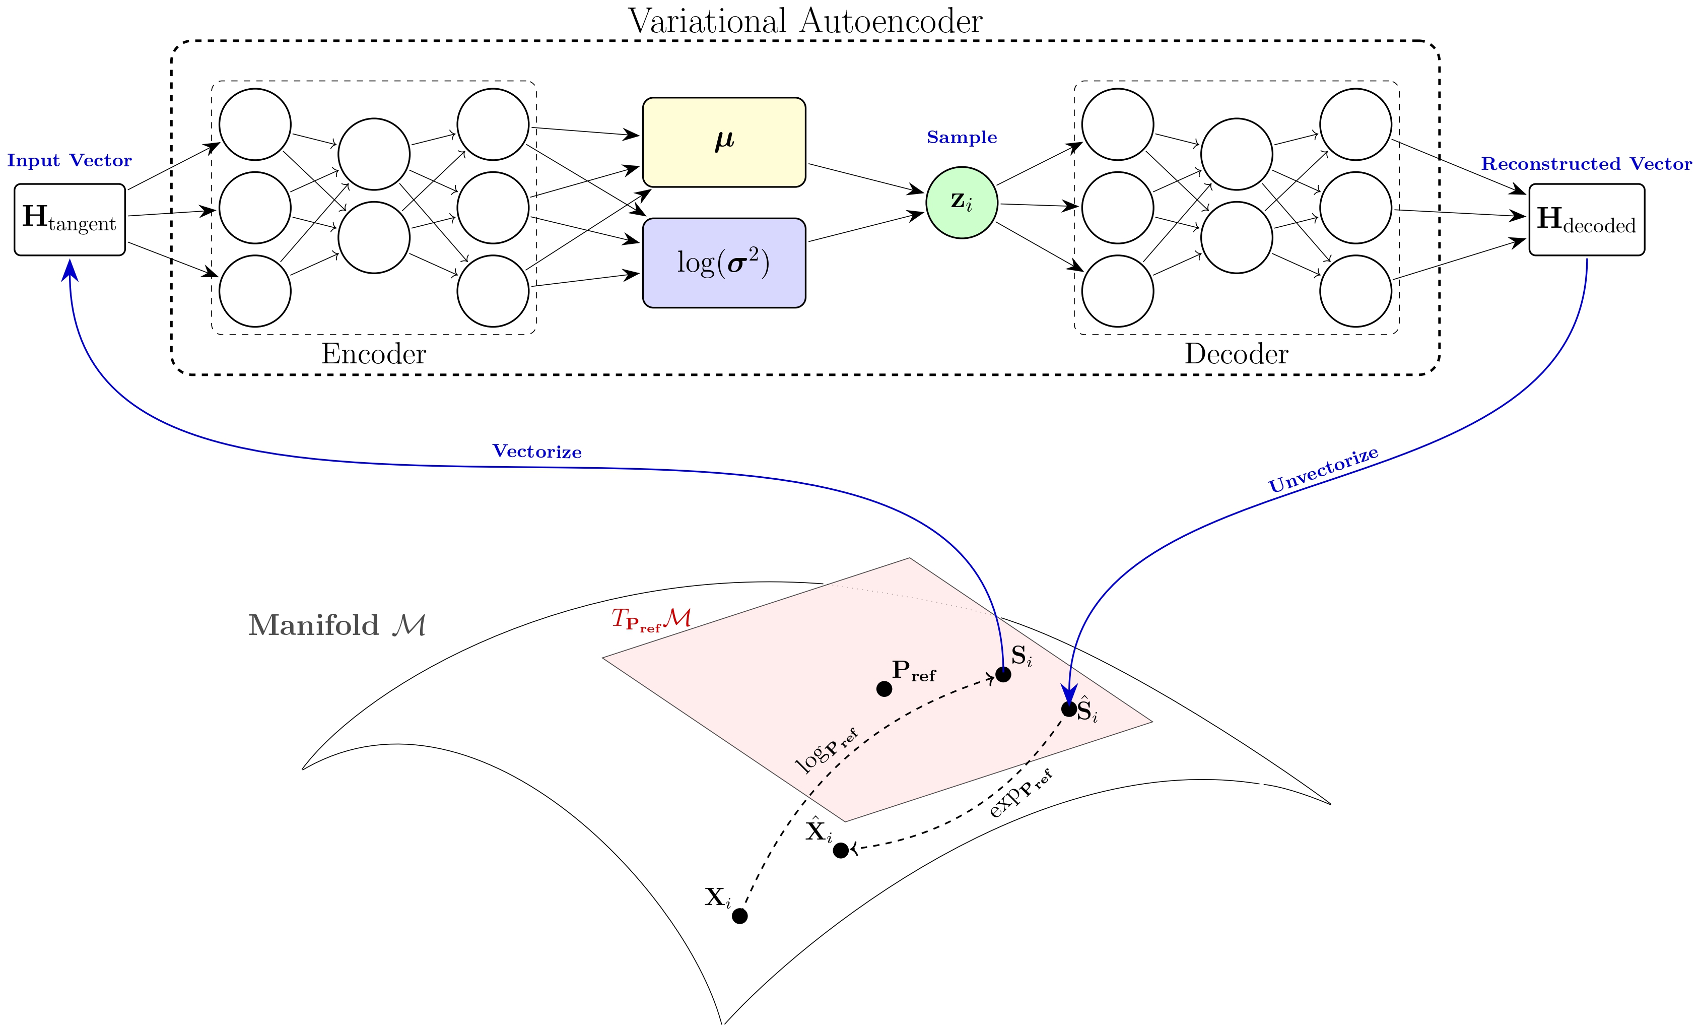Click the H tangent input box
[70, 220]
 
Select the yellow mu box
[724, 142]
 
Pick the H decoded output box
[1586, 220]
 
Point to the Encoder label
[373, 354]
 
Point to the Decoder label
[1236, 354]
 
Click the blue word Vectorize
[537, 452]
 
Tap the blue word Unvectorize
[1323, 470]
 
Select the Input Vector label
[69, 161]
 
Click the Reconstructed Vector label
[1586, 164]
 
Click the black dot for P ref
[884, 689]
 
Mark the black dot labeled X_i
[739, 916]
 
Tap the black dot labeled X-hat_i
[840, 850]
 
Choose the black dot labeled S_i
[1003, 674]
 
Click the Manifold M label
[336, 625]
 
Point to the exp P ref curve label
[1019, 794]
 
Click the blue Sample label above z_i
[961, 138]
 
